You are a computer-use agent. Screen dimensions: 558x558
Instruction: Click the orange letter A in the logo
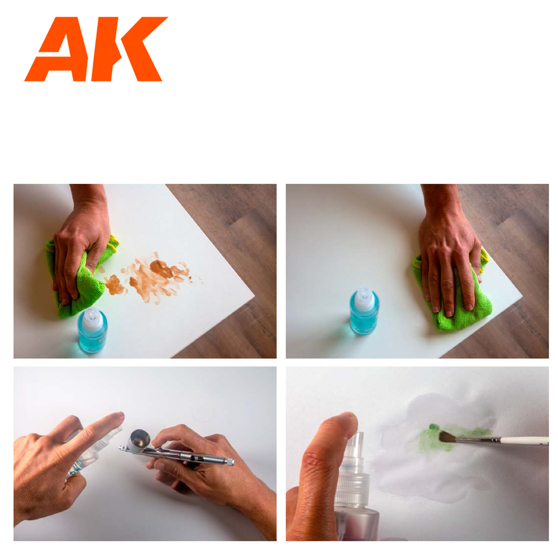click(58, 51)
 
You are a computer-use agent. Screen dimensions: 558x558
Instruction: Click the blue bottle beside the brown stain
click(93, 332)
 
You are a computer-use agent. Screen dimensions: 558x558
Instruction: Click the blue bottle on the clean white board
click(364, 314)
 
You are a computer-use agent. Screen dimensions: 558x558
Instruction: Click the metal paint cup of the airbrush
click(140, 438)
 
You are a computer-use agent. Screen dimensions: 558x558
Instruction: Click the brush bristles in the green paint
click(447, 436)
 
